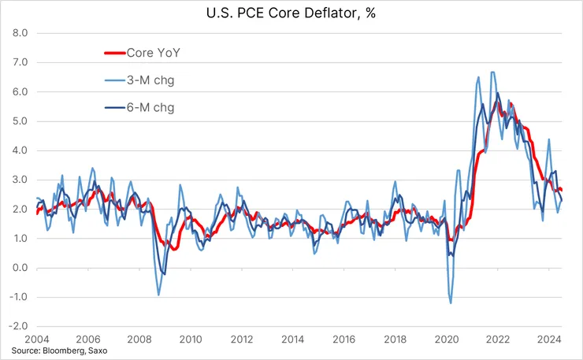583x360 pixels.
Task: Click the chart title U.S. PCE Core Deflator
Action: pos(291,14)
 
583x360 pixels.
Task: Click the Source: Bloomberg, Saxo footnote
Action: pos(65,351)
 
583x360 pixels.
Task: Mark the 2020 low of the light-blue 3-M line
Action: pos(451,302)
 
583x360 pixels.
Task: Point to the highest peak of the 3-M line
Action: pos(492,72)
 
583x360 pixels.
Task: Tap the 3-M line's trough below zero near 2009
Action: pos(158,295)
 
